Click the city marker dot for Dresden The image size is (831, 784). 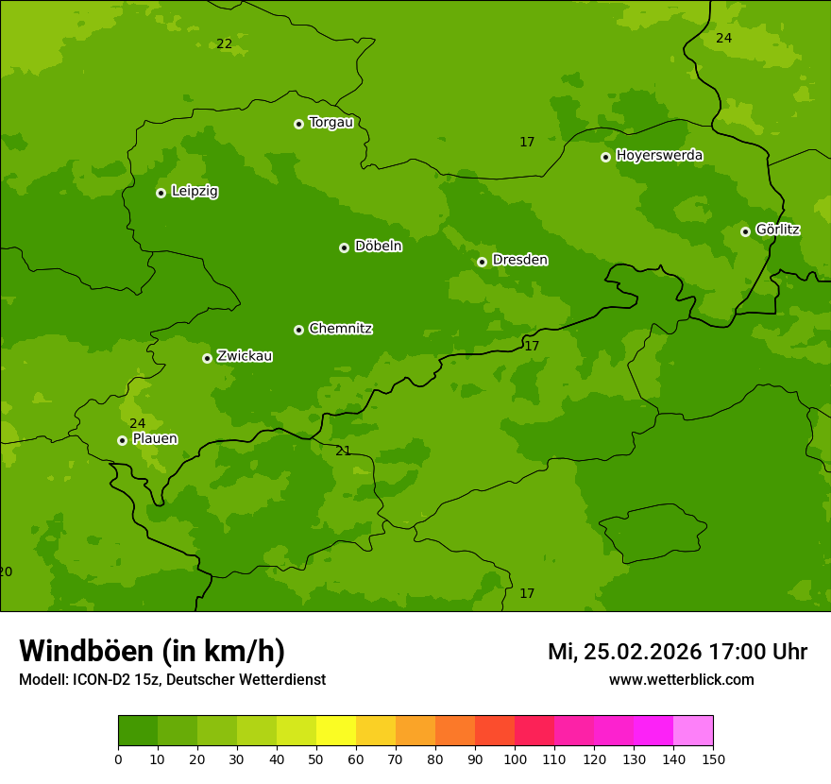click(x=482, y=262)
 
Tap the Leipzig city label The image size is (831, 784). click(x=195, y=191)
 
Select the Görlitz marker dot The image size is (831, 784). click(x=745, y=231)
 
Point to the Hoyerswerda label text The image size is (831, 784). click(x=659, y=155)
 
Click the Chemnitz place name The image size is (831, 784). click(x=340, y=329)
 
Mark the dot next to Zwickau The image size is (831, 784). click(x=207, y=358)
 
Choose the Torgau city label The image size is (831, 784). click(x=331, y=122)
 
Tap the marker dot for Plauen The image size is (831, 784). click(x=122, y=440)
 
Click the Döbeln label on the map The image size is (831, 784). click(x=378, y=246)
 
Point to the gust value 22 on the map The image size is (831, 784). click(x=224, y=44)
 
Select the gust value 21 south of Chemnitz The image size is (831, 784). click(x=343, y=451)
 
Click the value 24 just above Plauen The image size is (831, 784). click(x=138, y=423)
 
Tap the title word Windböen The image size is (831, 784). click(x=86, y=651)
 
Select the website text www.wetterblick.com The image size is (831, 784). click(x=681, y=680)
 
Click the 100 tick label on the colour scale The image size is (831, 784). click(x=515, y=758)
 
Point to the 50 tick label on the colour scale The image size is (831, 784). click(x=316, y=758)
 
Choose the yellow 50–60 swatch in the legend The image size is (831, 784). click(x=336, y=731)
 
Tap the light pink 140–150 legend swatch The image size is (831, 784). click(x=693, y=731)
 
